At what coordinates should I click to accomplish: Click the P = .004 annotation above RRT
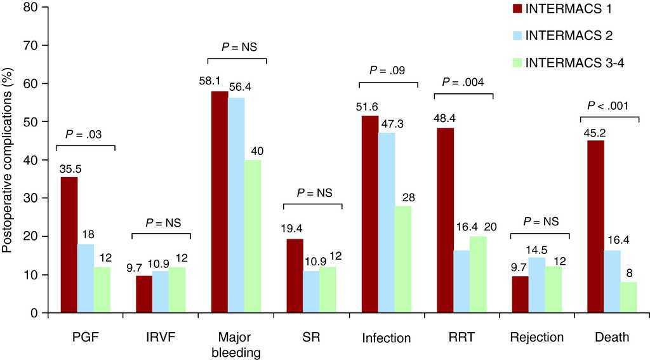point(463,83)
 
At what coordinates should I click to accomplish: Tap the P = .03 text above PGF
point(85,134)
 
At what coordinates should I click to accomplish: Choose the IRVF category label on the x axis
point(161,337)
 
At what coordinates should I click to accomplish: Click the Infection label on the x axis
point(387,338)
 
